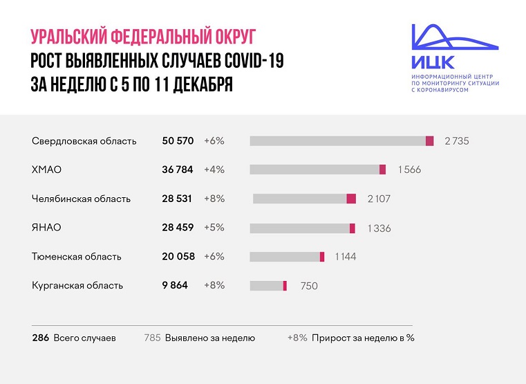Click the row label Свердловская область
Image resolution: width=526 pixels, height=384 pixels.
tap(84, 140)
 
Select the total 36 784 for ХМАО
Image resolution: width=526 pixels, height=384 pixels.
tap(179, 170)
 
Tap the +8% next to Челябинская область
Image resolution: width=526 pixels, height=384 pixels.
tap(214, 199)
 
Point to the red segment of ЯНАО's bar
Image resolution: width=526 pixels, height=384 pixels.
tap(352, 228)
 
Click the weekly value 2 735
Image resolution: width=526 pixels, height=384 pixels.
tap(457, 140)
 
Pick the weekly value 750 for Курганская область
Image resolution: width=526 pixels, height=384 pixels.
tap(309, 286)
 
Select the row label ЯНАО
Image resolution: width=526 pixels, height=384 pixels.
tap(46, 228)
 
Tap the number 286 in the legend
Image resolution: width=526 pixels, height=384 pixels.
tap(41, 338)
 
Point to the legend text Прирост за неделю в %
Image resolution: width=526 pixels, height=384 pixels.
tap(363, 338)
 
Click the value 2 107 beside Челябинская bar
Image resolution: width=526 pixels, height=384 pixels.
tap(379, 199)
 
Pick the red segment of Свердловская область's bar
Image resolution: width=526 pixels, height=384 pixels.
tap(429, 140)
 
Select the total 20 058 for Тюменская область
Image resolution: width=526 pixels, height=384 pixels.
tap(178, 257)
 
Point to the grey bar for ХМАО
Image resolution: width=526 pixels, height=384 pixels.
tap(314, 170)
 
